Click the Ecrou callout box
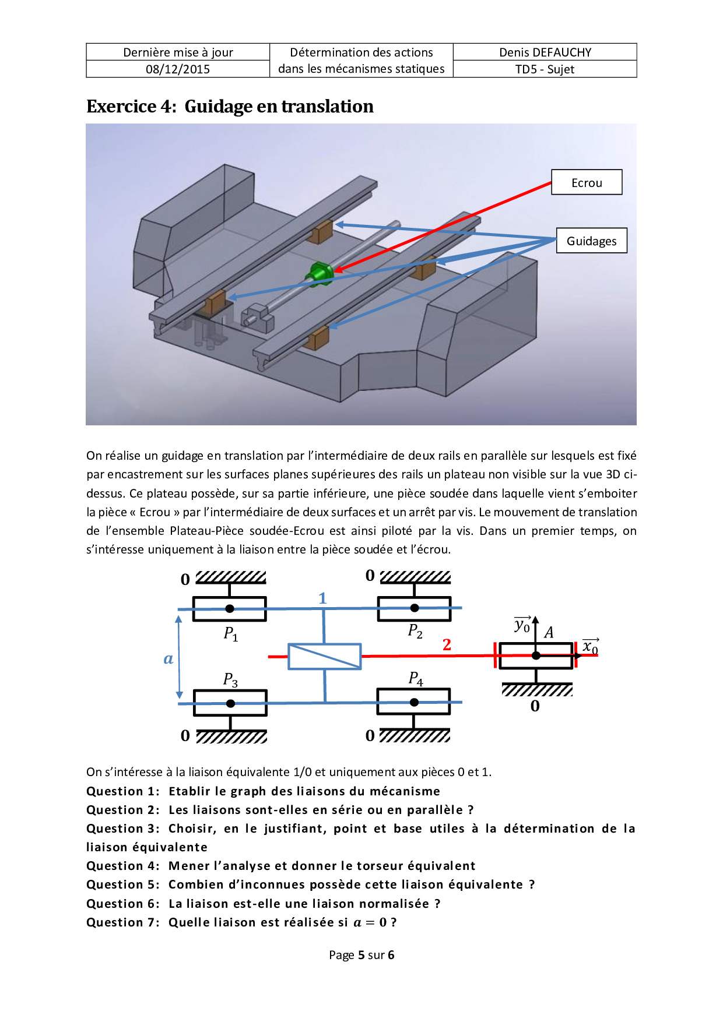(587, 182)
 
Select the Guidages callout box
(591, 241)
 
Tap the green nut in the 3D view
(319, 273)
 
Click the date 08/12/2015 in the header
(178, 69)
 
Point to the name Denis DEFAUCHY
(545, 52)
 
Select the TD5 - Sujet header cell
(545, 69)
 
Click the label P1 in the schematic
(231, 633)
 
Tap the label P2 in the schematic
(415, 631)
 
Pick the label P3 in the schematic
(230, 679)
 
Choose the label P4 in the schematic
(416, 678)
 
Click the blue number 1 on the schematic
(322, 598)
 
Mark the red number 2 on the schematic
(447, 644)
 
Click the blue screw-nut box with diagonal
(325, 657)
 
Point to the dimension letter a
(169, 659)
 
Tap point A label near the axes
(549, 633)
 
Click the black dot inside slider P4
(414, 702)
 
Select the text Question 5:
(122, 884)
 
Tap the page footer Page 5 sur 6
(361, 955)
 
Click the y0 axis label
(522, 626)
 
